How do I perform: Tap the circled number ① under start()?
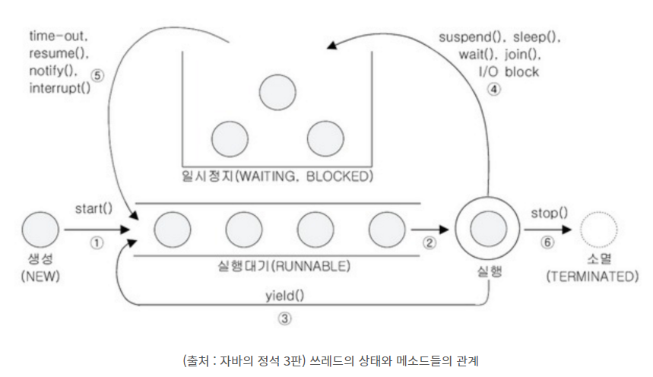click(96, 244)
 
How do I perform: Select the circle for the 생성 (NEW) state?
click(40, 230)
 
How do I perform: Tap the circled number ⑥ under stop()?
click(547, 243)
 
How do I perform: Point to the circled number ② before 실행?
click(429, 243)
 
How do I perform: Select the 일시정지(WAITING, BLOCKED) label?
click(277, 176)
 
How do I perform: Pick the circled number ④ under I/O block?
click(495, 89)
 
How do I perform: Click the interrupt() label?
click(59, 87)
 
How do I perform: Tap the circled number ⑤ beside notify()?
click(97, 75)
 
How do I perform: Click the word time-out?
click(58, 36)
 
